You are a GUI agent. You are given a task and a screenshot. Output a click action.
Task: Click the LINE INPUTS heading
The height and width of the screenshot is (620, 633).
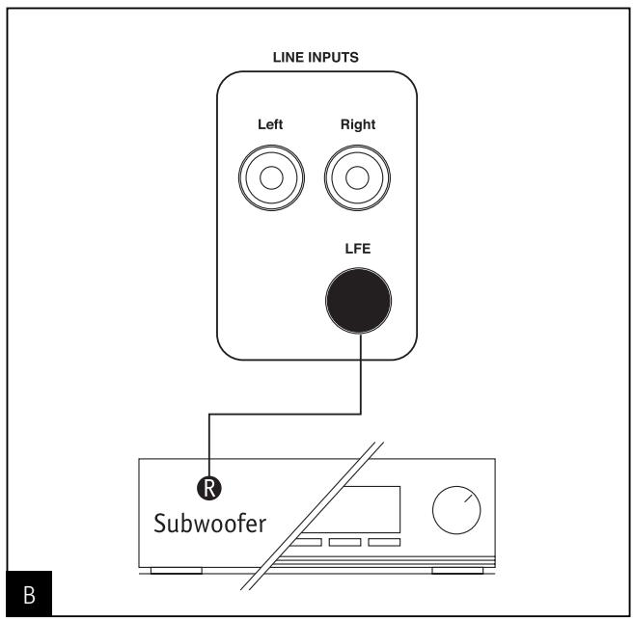(316, 57)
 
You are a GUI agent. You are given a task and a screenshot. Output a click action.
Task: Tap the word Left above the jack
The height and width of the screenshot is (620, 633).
(270, 124)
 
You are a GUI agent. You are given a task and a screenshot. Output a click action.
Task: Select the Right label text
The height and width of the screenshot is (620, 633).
(358, 124)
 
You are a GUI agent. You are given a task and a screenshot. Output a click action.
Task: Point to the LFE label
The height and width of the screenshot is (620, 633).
(358, 249)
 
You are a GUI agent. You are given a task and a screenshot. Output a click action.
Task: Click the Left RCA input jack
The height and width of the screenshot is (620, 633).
(271, 177)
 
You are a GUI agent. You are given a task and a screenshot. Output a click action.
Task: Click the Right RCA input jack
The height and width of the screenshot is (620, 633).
(357, 177)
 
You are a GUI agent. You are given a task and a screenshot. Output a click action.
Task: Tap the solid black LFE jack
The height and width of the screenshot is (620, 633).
(358, 301)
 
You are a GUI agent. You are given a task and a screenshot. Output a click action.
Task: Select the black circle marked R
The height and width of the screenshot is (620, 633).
(209, 488)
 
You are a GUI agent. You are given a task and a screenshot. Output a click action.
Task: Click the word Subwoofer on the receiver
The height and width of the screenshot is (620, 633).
(210, 524)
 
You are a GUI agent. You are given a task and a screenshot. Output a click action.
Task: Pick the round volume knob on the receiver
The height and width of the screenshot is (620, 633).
(456, 510)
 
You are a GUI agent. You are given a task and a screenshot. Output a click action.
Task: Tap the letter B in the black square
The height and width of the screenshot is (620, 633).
(29, 595)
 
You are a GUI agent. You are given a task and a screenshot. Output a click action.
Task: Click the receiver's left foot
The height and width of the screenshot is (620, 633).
(177, 571)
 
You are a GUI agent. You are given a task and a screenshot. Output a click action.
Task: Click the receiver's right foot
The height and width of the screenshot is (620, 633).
(457, 571)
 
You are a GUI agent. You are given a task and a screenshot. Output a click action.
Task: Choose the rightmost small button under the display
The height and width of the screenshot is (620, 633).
(384, 542)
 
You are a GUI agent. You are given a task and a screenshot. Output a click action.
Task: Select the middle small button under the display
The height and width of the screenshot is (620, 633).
(344, 542)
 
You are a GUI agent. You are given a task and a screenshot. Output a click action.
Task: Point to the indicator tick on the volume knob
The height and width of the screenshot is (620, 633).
(468, 499)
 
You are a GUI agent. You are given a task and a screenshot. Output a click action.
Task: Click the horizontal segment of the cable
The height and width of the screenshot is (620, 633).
(285, 414)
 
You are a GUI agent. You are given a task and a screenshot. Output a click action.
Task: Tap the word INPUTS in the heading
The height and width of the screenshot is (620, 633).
(334, 57)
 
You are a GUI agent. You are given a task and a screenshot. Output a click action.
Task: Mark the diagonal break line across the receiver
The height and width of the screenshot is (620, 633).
(312, 516)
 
